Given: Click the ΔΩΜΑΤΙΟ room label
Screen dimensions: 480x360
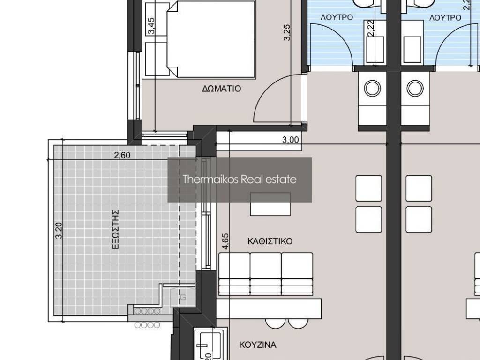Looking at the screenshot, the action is pos(222,89).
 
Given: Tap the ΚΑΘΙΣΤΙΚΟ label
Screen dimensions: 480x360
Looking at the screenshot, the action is pos(270,241).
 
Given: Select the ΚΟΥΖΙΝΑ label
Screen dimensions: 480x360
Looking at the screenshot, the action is pos(258,345).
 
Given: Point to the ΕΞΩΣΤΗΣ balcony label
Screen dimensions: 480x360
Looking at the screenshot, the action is pos(115,229).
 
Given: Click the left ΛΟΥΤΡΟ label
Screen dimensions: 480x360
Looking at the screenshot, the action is pos(337,17).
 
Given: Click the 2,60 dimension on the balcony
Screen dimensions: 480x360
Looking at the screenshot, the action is pos(122,155).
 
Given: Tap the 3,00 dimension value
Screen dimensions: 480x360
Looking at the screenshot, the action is pos(290,140).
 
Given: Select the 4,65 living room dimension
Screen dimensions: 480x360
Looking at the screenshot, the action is pos(225,241).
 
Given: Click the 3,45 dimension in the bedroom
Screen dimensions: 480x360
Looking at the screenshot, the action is pos(151,26).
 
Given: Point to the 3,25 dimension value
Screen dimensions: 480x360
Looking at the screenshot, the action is pos(287,32).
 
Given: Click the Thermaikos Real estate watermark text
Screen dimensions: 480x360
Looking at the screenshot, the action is pos(240,179).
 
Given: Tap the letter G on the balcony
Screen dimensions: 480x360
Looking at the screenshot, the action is pos(183,297).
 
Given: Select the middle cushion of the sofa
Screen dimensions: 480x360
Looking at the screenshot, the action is pos(265,273).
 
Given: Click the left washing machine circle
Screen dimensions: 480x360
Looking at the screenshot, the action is pos(373,88).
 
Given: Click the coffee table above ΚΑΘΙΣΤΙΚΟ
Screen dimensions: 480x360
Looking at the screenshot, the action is pos(270,204).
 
